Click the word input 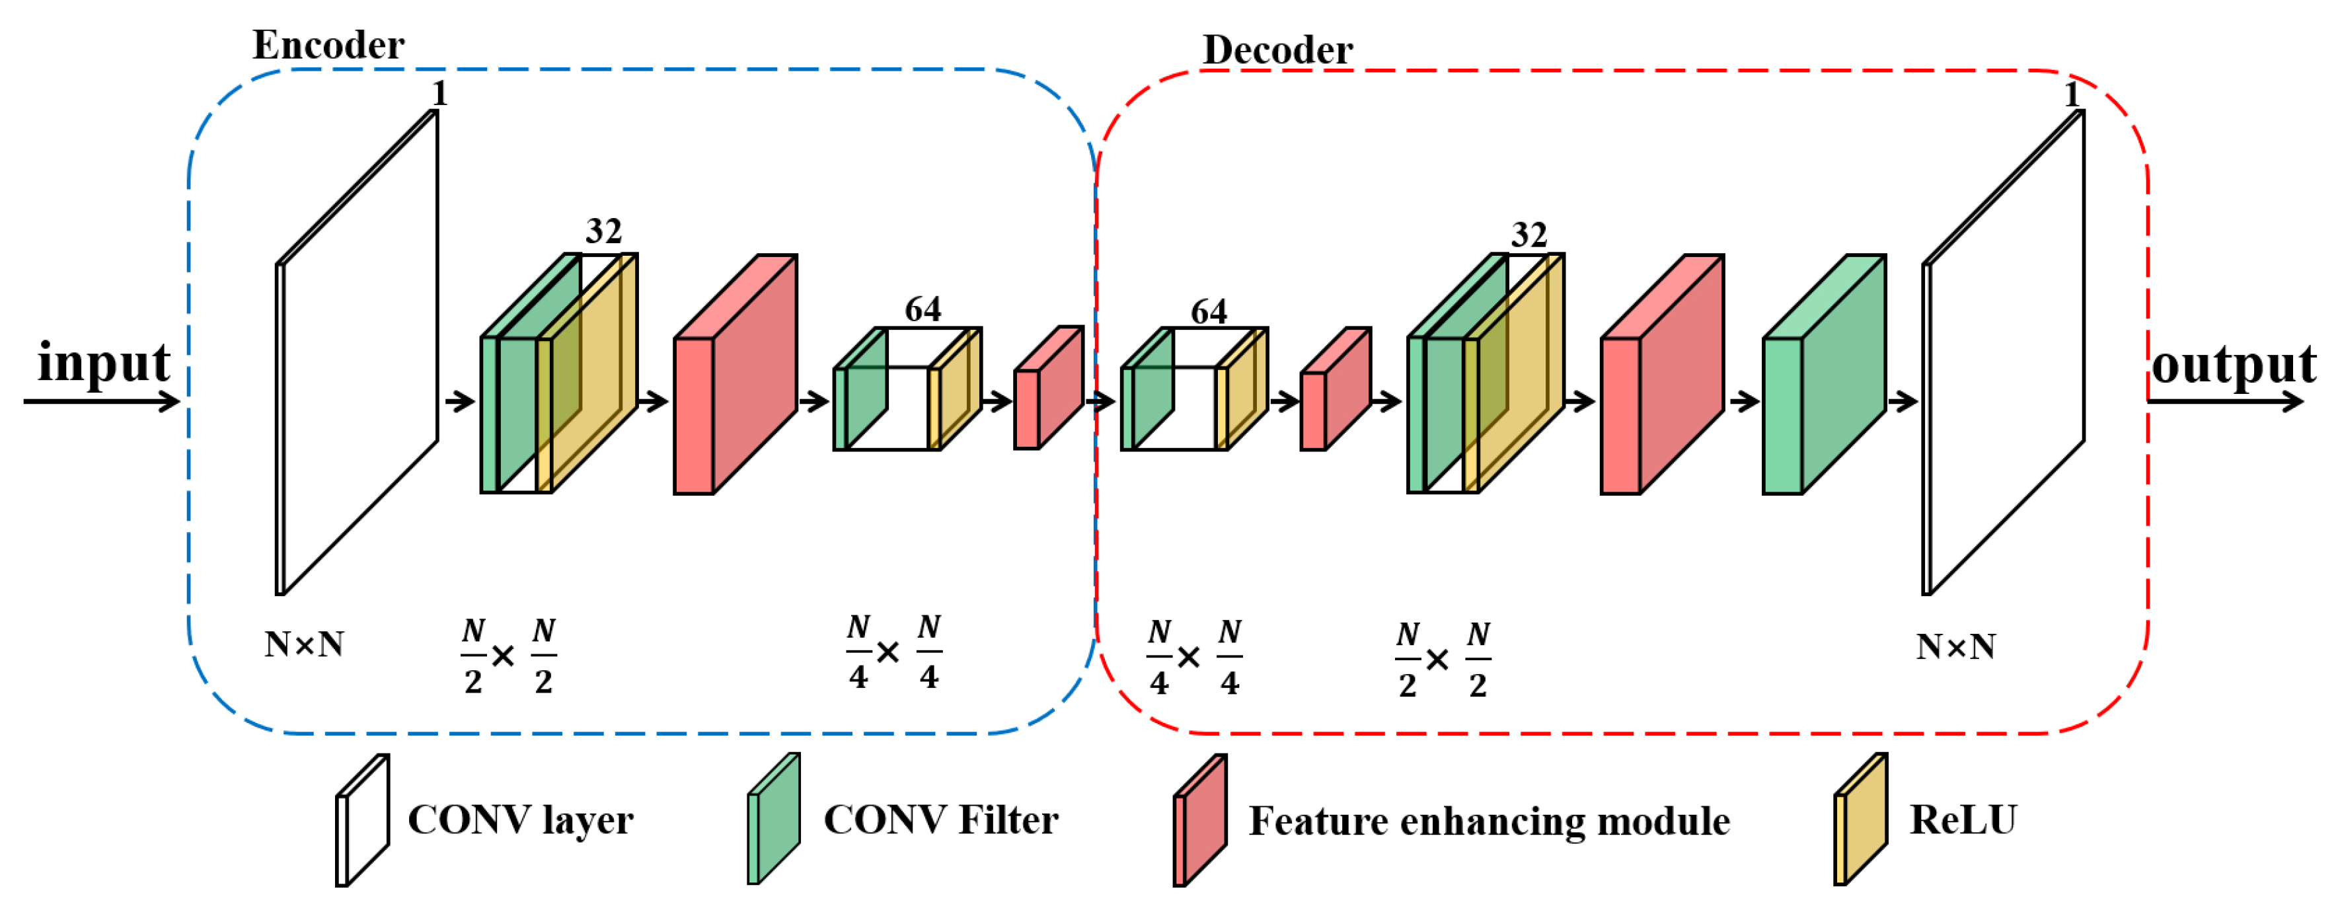(104, 363)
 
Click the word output (2233, 365)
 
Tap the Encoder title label (328, 46)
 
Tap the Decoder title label (1277, 50)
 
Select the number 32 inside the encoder (603, 232)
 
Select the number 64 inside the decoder (1208, 313)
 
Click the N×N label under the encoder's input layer (303, 645)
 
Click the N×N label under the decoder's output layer (1956, 647)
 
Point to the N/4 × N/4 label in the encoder (893, 652)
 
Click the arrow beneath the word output (2226, 401)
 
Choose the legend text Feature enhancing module (1489, 821)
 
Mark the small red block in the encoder (1047, 389)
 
